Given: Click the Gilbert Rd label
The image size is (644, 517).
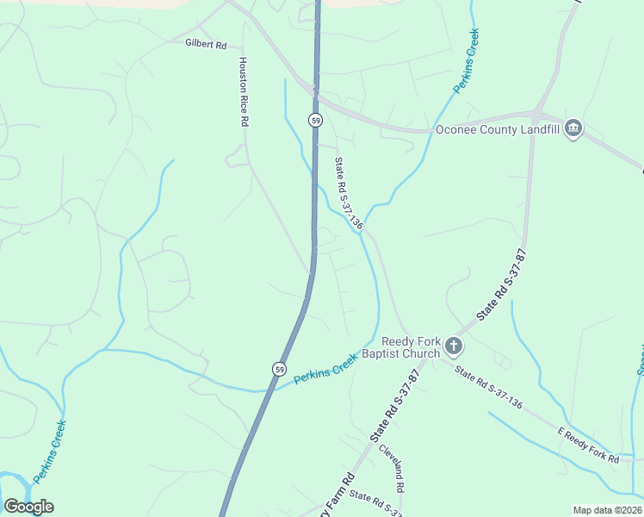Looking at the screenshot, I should tap(205, 43).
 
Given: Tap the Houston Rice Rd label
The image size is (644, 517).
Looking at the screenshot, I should tap(243, 92).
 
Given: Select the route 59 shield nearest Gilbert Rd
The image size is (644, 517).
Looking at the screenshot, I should tap(316, 121).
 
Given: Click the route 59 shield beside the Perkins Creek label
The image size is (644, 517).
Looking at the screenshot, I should tap(279, 369).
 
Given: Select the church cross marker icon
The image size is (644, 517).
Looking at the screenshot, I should tap(454, 347).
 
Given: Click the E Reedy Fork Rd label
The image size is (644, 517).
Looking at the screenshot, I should tap(588, 445).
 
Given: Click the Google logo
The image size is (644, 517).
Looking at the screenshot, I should tap(28, 507).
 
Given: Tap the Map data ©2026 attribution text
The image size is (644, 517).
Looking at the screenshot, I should tap(607, 510).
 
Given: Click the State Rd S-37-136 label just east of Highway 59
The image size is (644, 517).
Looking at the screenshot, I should tap(349, 194).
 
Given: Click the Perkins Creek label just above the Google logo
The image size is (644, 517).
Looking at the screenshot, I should tap(50, 451).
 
